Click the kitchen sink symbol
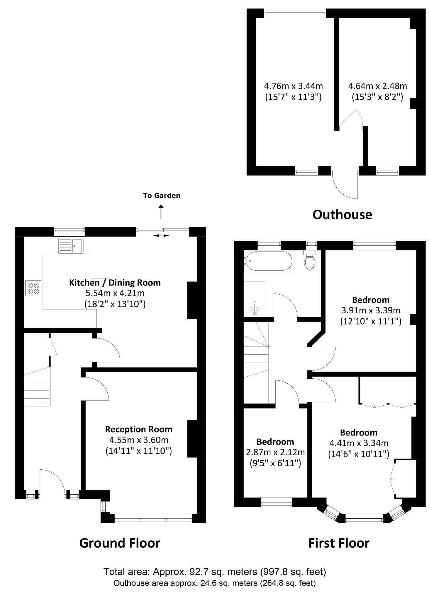(71, 245)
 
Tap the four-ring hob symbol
(33, 288)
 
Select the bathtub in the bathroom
(269, 261)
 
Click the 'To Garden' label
(162, 195)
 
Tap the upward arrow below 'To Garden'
(161, 212)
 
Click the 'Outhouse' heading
(342, 215)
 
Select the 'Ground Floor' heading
(120, 543)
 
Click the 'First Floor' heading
(339, 543)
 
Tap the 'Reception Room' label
(138, 429)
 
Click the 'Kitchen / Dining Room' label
(115, 283)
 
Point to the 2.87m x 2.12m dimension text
(275, 452)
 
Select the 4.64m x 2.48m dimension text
(377, 86)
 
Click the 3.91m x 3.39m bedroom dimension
(371, 310)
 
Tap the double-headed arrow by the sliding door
(162, 235)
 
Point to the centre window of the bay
(364, 520)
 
